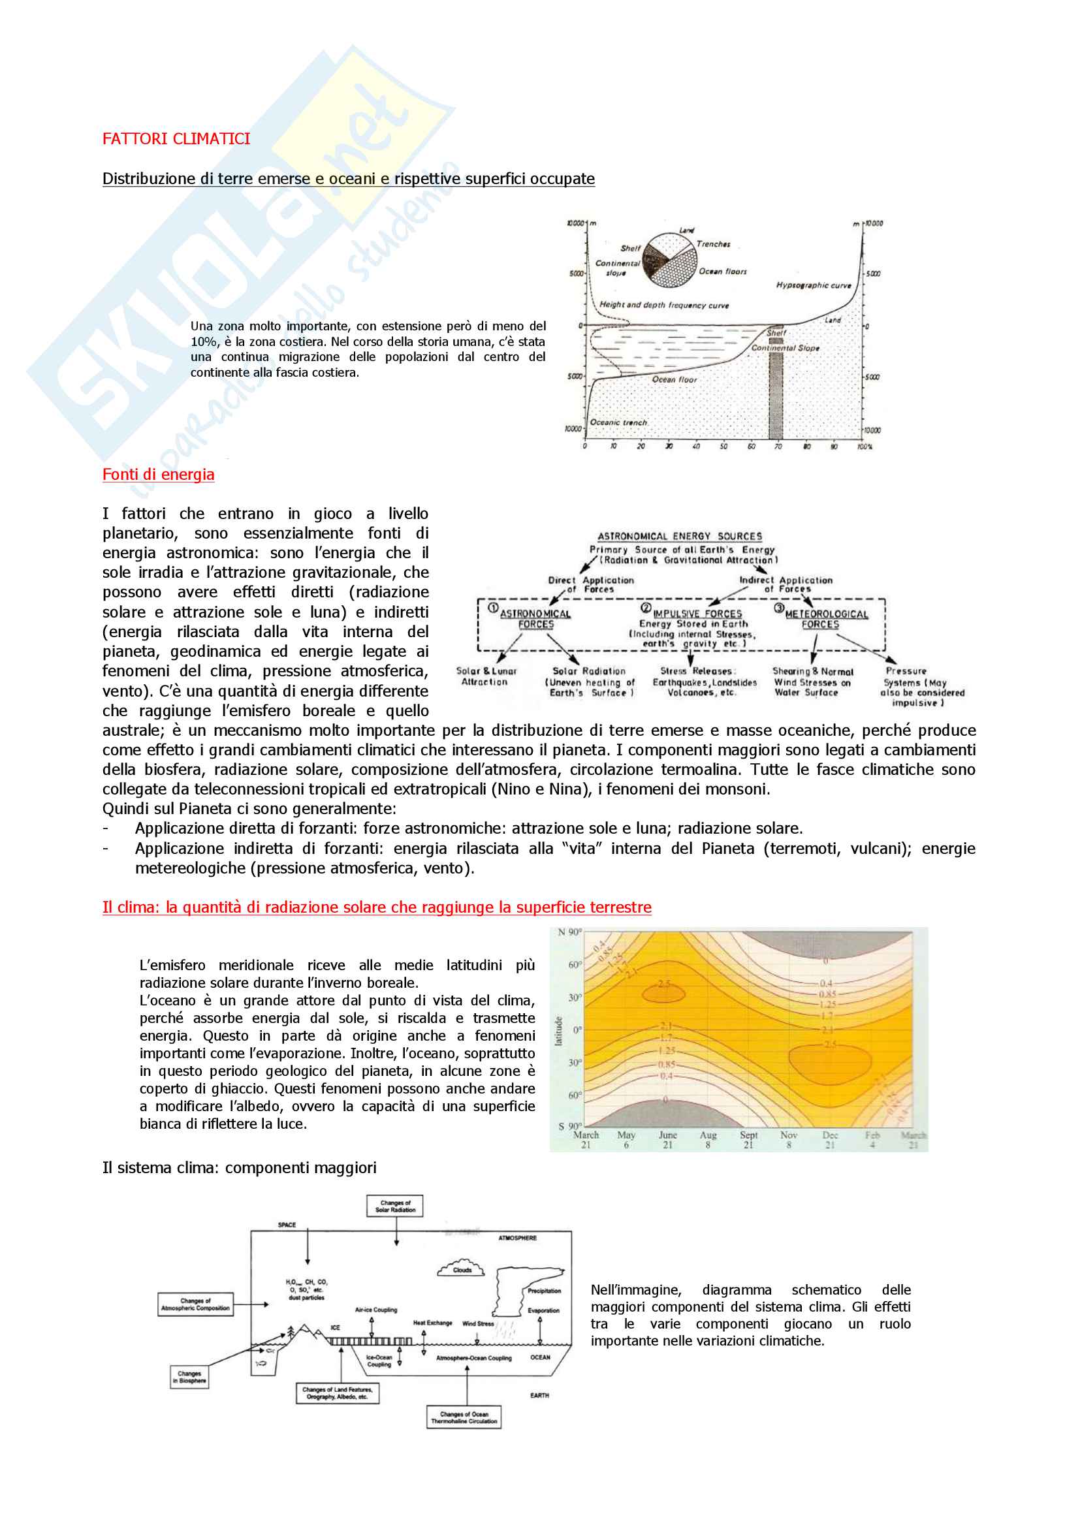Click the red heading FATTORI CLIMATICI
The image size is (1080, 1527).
[x=176, y=139]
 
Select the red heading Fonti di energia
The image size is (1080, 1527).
[x=158, y=474]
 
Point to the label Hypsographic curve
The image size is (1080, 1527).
[x=814, y=285]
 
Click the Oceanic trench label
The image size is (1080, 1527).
[x=618, y=422]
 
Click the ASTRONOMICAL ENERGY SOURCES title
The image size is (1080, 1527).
[x=680, y=536]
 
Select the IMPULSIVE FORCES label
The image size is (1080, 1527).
[x=697, y=613]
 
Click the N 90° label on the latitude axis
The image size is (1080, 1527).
[x=569, y=932]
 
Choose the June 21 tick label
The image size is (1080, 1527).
[x=667, y=1140]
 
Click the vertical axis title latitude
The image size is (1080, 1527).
[x=559, y=1031]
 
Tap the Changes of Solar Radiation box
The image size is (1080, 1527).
[x=395, y=1206]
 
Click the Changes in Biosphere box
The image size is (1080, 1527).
[x=189, y=1377]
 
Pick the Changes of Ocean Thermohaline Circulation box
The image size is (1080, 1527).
[x=464, y=1417]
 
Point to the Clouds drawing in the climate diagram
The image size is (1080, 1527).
[x=462, y=1268]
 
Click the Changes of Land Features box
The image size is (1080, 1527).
[x=337, y=1393]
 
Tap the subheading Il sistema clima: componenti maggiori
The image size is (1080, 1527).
[x=240, y=1168]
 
